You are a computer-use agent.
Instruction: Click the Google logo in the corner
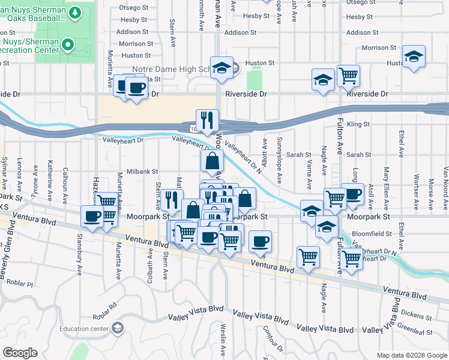coord(20,352)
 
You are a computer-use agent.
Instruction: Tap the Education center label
coord(85,328)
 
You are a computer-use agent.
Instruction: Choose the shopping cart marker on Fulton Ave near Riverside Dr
coord(348,76)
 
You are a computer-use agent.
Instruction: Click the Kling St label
coord(357,124)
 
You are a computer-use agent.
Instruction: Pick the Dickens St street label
coord(418,314)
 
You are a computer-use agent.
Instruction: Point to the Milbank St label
coord(142,172)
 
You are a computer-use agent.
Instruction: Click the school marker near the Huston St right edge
coord(414,57)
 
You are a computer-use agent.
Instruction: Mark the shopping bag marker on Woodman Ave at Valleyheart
coord(212,161)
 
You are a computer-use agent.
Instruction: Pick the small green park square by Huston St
coord(255,77)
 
